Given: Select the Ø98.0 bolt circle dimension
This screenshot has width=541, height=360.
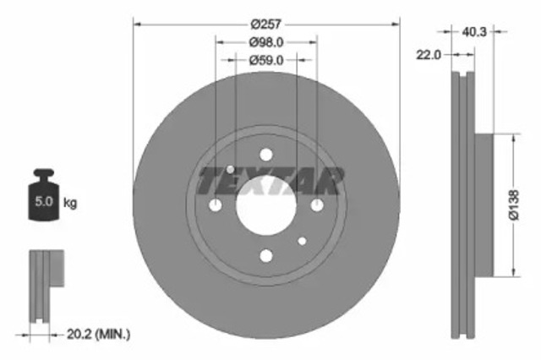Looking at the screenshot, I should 265,42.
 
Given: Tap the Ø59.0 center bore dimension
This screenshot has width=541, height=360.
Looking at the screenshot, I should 265,60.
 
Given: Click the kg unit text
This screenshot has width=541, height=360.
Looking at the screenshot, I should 71,203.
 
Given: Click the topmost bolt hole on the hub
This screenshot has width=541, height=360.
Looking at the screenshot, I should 266,155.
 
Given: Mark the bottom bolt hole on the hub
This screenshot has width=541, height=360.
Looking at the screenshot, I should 266,256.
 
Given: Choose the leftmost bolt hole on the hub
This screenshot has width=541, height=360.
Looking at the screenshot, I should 216,205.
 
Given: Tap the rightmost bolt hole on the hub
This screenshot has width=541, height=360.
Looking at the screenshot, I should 317,205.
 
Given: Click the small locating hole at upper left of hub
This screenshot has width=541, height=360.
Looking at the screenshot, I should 230,170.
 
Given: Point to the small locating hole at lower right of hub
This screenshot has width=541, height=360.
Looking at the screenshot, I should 302,242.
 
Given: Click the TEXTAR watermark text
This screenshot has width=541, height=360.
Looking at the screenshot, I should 270,180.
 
